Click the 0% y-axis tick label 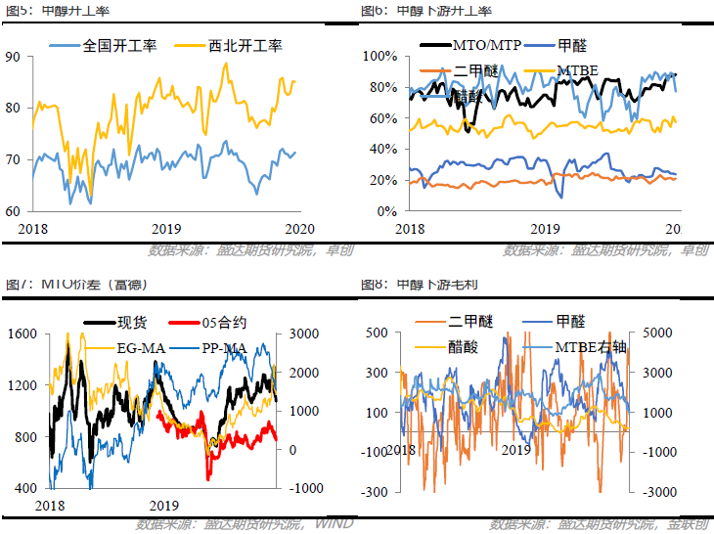[x=385, y=210]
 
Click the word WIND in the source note [x=335, y=525]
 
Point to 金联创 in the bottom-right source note [x=687, y=525]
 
